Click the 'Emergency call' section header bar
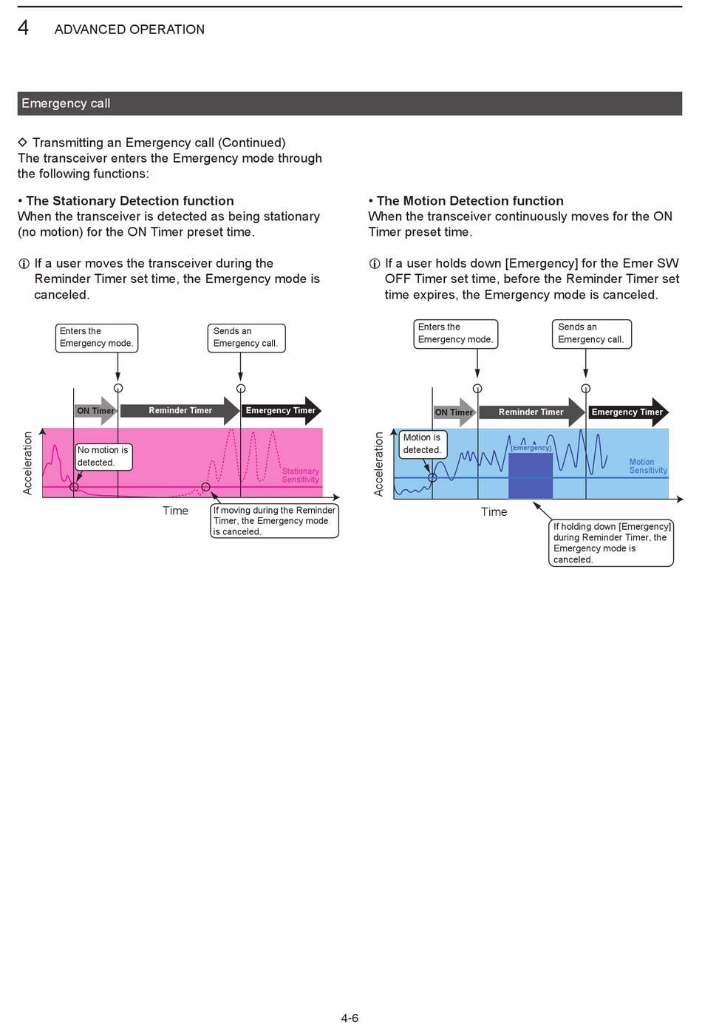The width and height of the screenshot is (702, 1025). [x=350, y=103]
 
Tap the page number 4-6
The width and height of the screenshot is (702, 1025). [x=350, y=1018]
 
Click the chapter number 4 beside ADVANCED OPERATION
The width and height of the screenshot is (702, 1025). [x=23, y=28]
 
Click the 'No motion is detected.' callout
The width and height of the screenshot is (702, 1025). [x=104, y=457]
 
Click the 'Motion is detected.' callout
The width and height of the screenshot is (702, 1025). [x=423, y=444]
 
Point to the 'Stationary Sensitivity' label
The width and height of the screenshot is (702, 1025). [x=300, y=475]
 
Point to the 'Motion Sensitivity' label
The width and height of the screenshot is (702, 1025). [x=648, y=466]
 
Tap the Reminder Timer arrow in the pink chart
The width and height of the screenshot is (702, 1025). [x=180, y=410]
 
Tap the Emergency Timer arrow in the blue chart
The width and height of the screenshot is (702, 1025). [x=629, y=412]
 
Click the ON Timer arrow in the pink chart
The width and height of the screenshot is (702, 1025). [x=95, y=410]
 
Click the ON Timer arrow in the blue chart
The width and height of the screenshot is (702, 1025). [x=454, y=412]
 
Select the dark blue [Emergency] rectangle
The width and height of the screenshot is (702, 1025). [x=531, y=475]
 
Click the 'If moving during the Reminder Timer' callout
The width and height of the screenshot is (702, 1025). [x=275, y=521]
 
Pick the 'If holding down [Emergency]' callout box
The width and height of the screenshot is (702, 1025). [x=611, y=543]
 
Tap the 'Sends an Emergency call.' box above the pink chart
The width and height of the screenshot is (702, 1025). [x=246, y=338]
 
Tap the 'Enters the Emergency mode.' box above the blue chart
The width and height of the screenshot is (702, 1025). [x=456, y=334]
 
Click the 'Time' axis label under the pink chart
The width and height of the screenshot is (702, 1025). [x=175, y=511]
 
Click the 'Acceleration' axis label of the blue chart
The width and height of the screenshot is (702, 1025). [x=378, y=464]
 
